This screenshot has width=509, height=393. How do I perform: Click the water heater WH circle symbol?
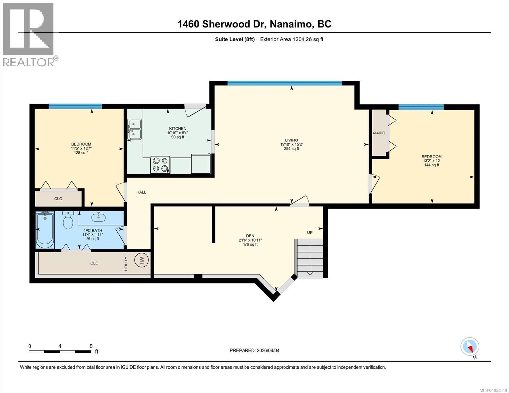142,260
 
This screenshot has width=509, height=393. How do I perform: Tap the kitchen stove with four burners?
161,165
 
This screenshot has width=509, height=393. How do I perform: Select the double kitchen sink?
134,129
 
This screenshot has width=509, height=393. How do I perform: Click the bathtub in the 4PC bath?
45,230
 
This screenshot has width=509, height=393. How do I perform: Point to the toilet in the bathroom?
68,220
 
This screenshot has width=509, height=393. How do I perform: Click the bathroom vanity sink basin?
97,216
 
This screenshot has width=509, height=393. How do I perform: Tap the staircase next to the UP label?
309,258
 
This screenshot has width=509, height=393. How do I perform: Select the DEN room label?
250,236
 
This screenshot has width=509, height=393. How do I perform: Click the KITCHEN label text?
178,128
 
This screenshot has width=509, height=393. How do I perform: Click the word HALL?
141,192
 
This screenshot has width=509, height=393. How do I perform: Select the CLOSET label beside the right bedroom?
379,133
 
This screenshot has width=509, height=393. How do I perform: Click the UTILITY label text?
126,264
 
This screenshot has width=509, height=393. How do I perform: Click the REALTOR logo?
29,34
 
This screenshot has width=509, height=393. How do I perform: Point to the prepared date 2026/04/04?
254,350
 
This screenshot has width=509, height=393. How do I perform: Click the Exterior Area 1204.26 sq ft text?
291,39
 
